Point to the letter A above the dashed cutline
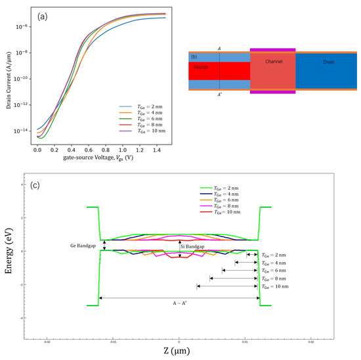point(220,47)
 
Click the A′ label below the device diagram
point(221,94)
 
